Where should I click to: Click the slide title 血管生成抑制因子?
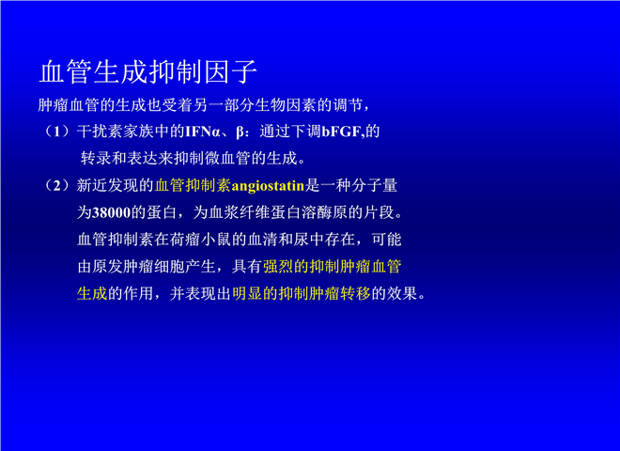pos(148,72)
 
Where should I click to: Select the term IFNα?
pos(203,132)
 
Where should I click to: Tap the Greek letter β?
pos(240,132)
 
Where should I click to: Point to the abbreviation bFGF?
pos(341,132)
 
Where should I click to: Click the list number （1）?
pos(57,132)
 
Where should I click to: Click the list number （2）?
pos(57,185)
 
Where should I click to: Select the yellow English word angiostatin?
pos(268,186)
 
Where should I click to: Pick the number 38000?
pos(112,213)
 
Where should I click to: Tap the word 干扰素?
pos(100,132)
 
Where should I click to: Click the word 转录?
pos(96,159)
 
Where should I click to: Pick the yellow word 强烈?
pos(278,267)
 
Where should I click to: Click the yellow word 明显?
pos(247,293)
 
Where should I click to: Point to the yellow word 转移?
pos(355,293)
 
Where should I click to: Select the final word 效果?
pos(402,293)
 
